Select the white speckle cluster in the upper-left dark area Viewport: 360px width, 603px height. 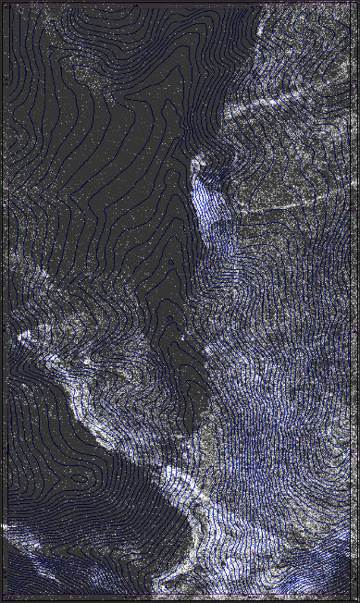[x=88, y=69]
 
